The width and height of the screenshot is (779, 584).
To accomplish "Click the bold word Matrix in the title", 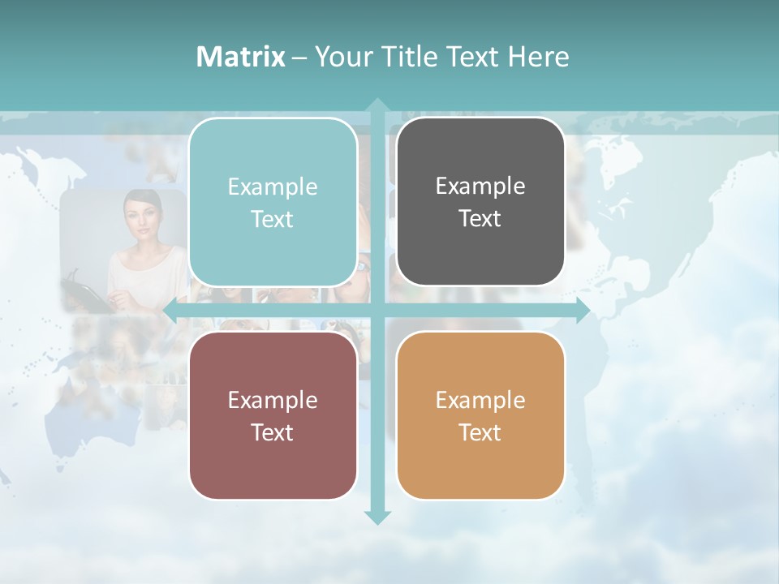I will click(240, 57).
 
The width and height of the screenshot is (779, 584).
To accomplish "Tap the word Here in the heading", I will click(539, 57).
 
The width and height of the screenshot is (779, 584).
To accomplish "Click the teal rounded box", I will click(273, 202).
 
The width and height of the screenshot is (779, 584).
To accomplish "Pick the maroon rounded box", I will click(273, 415).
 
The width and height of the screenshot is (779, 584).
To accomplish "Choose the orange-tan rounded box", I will click(480, 415).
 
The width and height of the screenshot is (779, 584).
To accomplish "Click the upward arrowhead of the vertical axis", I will click(377, 105).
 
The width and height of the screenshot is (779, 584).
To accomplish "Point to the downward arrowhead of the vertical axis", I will click(377, 517).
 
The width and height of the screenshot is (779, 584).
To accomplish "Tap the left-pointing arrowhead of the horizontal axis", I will click(171, 310).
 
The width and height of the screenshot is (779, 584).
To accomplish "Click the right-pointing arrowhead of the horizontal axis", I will click(582, 310).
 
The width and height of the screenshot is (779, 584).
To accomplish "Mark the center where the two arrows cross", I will click(377, 310).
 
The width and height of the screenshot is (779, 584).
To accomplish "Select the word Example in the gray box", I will click(480, 186).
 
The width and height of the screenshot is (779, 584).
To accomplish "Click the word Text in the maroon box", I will click(273, 432).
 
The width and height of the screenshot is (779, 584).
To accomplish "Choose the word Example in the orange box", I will click(480, 400).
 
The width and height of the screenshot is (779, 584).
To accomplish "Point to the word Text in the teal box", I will click(273, 219).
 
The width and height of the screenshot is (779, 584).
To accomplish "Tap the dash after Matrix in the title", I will click(299, 58).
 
